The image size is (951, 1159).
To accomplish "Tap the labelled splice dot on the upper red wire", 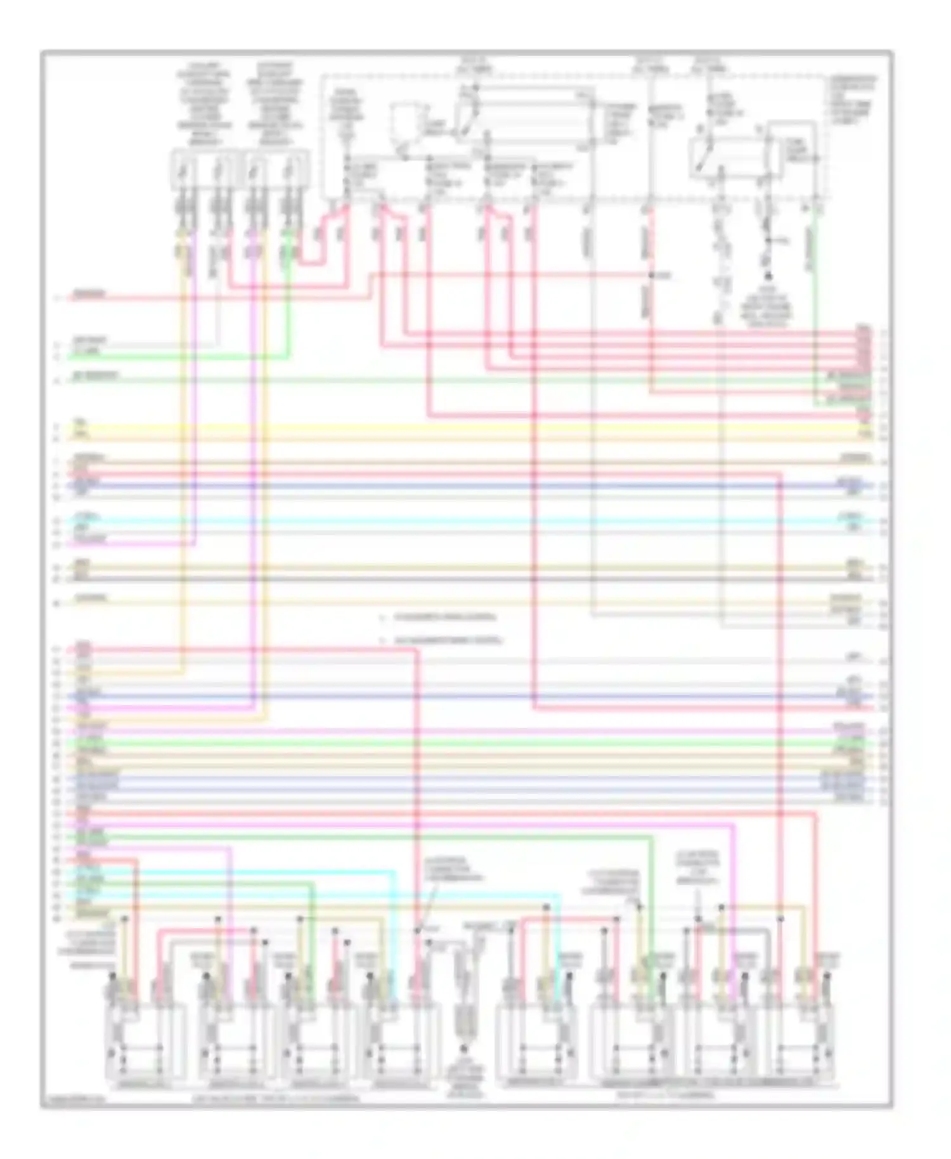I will pyautogui.click(x=651, y=276).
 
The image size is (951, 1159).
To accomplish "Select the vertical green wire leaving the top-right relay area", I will pyautogui.click(x=815, y=304).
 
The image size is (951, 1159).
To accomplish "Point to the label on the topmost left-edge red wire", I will pyautogui.click(x=89, y=294).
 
